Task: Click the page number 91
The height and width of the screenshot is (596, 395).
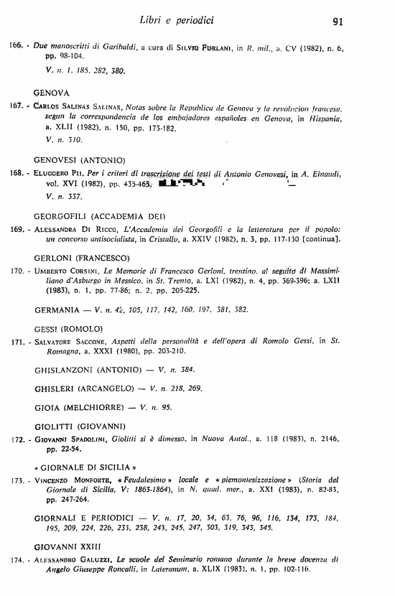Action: click(343, 22)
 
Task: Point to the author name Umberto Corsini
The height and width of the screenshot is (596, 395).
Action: click(65, 272)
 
